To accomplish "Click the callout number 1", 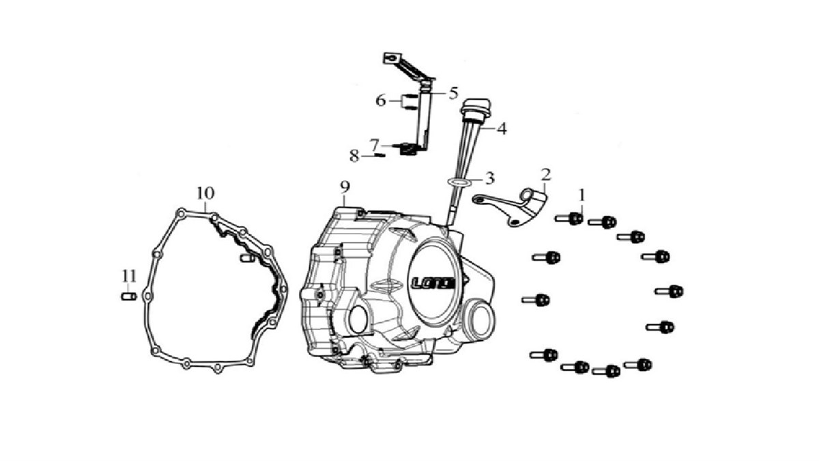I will [x=581, y=195].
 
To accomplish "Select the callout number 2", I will [x=545, y=173].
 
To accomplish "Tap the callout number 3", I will [x=489, y=179].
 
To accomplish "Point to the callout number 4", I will [x=501, y=128].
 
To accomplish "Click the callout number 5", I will [x=452, y=93].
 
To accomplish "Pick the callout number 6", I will [x=381, y=101].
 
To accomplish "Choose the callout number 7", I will [x=374, y=144].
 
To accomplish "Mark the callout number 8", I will [x=354, y=156].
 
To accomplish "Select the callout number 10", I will [x=205, y=193].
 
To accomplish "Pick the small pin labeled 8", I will [x=379, y=155].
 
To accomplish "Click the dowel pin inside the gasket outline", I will [x=247, y=258].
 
